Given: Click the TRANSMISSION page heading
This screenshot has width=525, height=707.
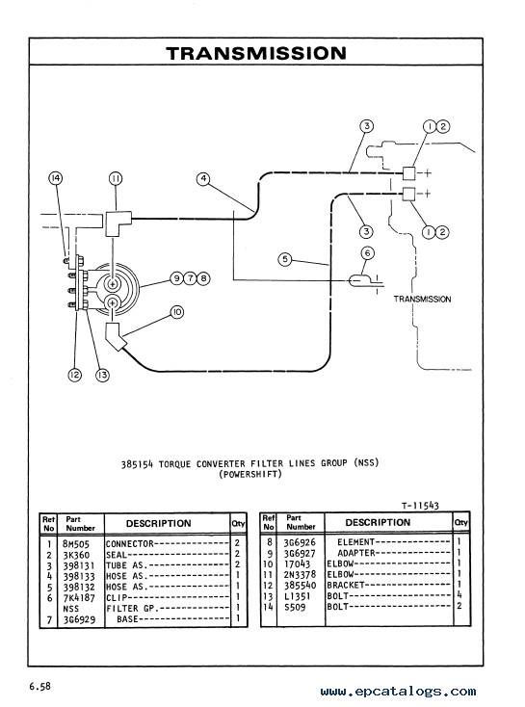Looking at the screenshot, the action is pos(256,53).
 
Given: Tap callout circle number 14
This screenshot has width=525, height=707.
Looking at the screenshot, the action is pos(56,178).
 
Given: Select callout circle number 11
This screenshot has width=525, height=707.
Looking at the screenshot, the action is pos(116,178).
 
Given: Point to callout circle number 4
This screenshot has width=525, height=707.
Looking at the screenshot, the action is pos(203,179).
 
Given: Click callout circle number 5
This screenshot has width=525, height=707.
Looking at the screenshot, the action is pos(285,259).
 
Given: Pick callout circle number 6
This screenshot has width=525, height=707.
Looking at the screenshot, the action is pos(368,253).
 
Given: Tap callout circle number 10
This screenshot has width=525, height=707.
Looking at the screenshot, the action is pos(177,312).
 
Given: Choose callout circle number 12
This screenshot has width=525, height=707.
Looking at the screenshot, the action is pos(75,375).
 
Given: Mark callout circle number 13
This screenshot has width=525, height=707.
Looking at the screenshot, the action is pos(103,375).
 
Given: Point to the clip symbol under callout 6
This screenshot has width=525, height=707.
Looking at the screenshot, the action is pos(360,281).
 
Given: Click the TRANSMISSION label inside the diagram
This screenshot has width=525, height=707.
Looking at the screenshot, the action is pos(422,299).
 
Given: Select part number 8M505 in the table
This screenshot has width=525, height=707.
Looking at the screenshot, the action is pos(76,544).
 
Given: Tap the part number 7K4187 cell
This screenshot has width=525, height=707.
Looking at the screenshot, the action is pos(79,598).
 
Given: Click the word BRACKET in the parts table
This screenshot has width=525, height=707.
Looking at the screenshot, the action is pos(346,586).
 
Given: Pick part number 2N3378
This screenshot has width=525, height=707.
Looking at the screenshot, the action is pos(300,574).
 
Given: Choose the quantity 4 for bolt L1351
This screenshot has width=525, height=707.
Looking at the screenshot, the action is pos(459,595).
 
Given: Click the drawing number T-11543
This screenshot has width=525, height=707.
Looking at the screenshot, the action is pos(420,506).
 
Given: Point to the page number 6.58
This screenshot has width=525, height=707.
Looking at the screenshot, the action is pos(40,686).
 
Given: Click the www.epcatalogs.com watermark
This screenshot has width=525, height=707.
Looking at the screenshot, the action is pos(398,692).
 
